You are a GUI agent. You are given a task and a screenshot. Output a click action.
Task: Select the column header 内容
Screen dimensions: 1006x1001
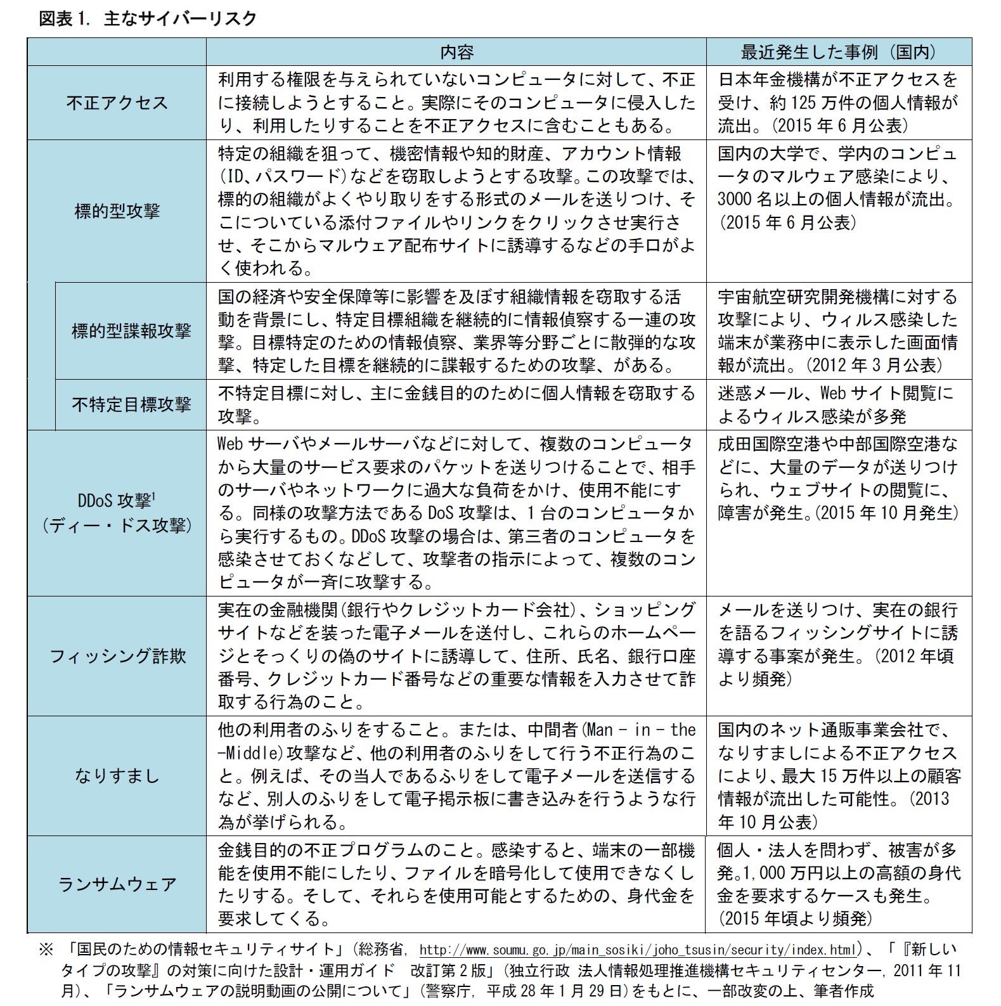click(x=456, y=52)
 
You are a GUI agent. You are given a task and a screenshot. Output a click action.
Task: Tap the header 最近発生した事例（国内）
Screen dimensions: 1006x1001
click(x=838, y=52)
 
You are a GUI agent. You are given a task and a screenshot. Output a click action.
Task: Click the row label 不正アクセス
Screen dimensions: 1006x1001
click(x=117, y=103)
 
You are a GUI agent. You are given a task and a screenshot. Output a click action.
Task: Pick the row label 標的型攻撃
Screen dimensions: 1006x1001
click(x=117, y=210)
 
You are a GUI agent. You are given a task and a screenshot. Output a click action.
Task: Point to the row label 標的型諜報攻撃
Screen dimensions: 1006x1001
click(x=131, y=330)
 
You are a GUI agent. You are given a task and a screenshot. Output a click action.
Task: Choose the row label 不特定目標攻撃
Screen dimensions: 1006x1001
click(x=131, y=404)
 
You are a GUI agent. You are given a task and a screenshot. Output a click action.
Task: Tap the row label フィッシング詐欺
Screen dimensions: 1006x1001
click(x=117, y=655)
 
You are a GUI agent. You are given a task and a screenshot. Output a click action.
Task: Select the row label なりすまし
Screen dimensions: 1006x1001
click(x=117, y=775)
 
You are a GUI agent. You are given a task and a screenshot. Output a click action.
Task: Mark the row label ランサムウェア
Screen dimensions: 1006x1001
click(x=117, y=884)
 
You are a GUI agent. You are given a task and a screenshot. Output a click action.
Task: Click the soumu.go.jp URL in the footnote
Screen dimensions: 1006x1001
click(x=638, y=950)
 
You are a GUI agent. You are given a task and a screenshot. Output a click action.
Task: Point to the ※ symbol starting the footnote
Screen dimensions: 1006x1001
click(x=46, y=950)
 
